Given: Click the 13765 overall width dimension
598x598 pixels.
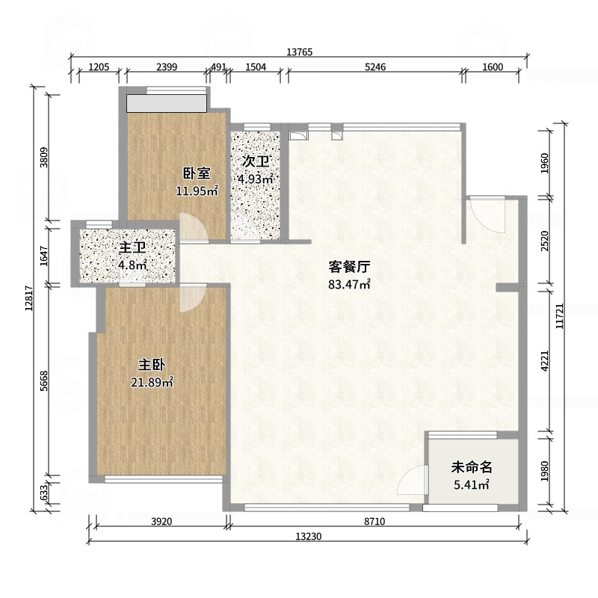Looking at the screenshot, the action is click(300, 52).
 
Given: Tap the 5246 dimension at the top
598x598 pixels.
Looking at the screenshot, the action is click(375, 67).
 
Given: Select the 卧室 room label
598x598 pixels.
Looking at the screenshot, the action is click(197, 173).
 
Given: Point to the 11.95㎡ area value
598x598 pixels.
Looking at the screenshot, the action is click(197, 191).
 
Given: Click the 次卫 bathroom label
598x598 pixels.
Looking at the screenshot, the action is click(256, 161).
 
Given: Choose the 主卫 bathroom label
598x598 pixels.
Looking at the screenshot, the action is click(132, 248).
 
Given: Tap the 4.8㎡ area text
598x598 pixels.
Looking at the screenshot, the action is click(132, 265).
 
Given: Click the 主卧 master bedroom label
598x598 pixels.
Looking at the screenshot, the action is click(152, 365).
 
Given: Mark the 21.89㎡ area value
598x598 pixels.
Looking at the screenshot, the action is click(152, 382).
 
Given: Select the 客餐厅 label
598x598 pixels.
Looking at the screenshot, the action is click(349, 267).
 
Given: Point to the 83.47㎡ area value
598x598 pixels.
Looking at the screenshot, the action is click(349, 284).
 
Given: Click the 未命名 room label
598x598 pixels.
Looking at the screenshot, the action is click(472, 467).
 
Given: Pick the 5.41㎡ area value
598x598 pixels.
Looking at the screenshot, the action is click(472, 484).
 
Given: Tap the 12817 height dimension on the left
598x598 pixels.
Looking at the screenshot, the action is click(29, 299).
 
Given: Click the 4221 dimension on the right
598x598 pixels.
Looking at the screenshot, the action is click(545, 361).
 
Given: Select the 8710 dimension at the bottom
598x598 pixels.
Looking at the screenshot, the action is click(374, 521).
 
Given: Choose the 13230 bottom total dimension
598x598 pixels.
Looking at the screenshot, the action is click(309, 537).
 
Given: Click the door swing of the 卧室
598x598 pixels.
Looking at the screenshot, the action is click(194, 228).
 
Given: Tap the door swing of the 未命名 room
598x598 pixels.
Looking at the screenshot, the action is click(411, 480).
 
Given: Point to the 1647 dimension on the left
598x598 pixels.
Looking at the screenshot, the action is click(44, 256).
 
